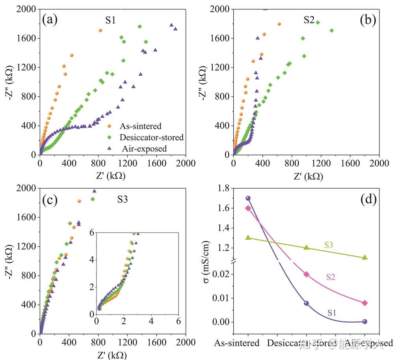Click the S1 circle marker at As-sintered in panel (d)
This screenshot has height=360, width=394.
coord(248,198)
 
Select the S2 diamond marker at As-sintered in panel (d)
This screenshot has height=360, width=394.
coord(248,208)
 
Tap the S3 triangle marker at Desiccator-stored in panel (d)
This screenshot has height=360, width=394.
coord(306,248)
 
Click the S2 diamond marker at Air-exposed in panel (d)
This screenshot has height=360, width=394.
coord(365,303)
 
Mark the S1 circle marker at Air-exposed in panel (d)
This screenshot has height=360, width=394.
coord(365,321)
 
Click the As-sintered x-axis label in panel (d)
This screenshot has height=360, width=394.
coord(237,343)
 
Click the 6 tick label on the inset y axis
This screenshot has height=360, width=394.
coord(91,233)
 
